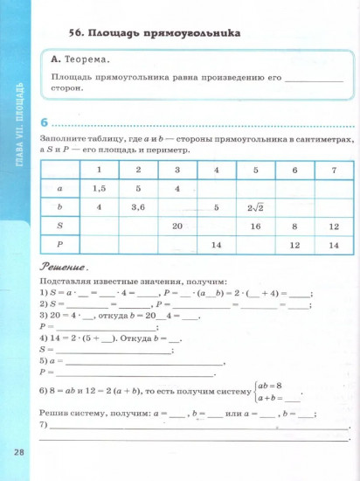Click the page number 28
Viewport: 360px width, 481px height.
pyautogui.click(x=18, y=451)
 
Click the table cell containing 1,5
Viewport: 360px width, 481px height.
pyautogui.click(x=99, y=187)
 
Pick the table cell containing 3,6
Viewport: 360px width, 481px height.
pyautogui.click(x=137, y=207)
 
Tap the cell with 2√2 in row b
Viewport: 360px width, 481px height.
pyautogui.click(x=256, y=207)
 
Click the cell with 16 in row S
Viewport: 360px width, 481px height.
pyautogui.click(x=256, y=227)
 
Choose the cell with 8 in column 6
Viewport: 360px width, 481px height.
pyautogui.click(x=295, y=227)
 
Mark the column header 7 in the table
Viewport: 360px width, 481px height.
pyautogui.click(x=333, y=168)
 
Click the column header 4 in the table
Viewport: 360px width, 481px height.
pyautogui.click(x=216, y=168)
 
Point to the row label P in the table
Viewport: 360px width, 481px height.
pyautogui.click(x=59, y=247)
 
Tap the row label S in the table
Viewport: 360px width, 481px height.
pyautogui.click(x=59, y=227)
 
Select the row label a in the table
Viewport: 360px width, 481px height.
pyautogui.click(x=59, y=187)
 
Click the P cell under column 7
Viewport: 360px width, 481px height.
pyautogui.click(x=333, y=247)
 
